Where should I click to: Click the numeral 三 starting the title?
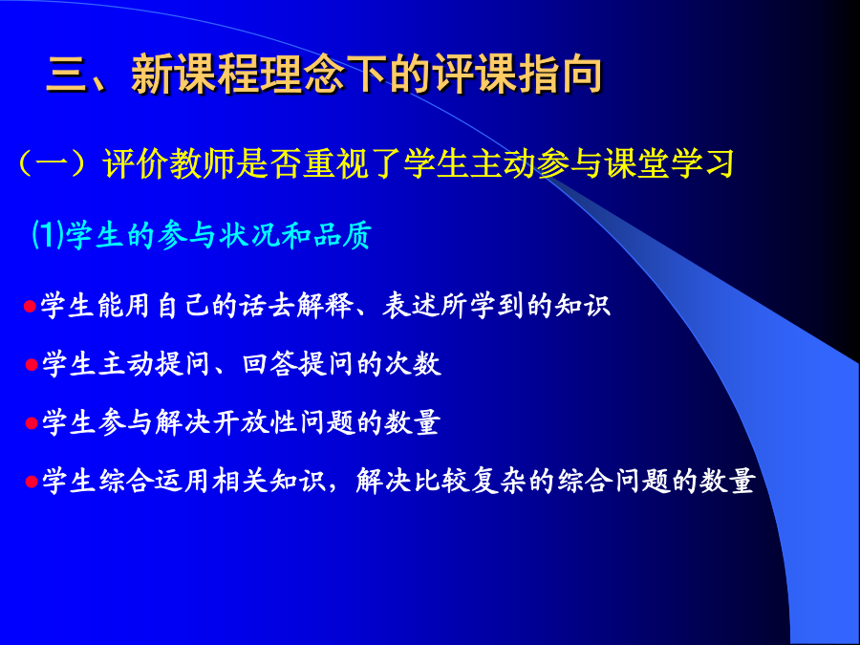68,74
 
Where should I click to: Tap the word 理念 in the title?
302,74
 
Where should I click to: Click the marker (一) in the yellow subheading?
54,162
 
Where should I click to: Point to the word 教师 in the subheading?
203,163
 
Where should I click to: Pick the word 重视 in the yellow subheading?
335,163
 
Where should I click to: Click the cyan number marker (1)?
49,235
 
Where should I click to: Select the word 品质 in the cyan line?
343,235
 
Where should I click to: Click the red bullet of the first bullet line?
30,306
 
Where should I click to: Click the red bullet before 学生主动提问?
32,365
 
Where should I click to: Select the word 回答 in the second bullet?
269,364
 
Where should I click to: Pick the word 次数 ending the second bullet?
413,364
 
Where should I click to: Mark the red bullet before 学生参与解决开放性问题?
32,423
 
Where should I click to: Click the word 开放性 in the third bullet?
255,422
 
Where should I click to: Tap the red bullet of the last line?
32,483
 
